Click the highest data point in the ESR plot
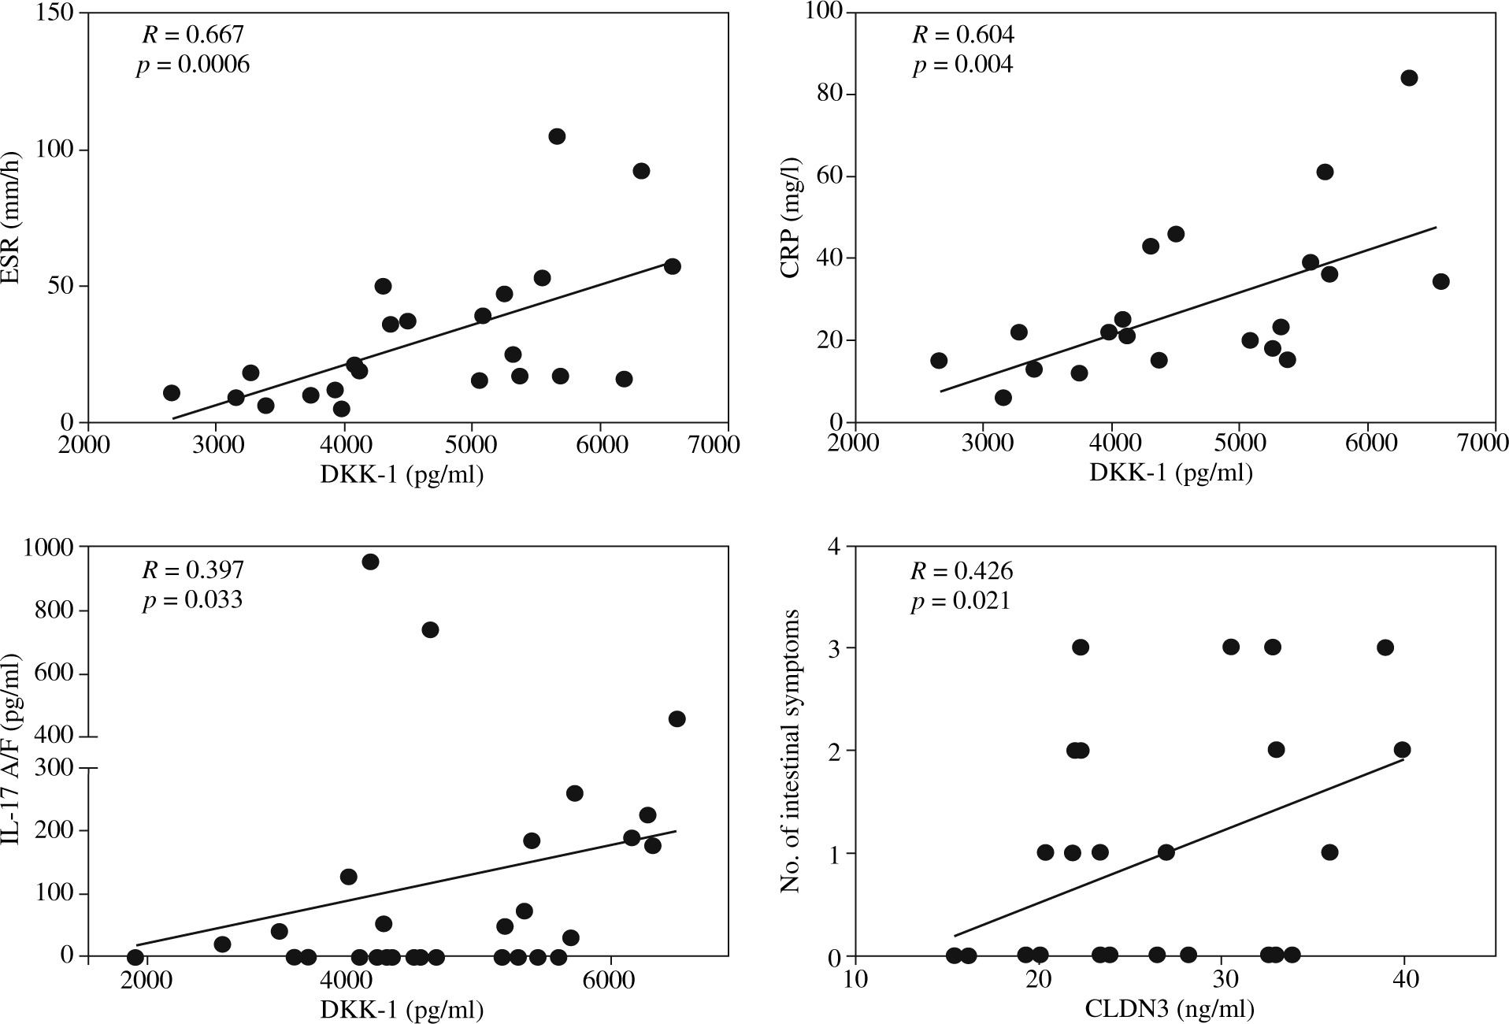(x=557, y=136)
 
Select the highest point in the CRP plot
(x=1409, y=78)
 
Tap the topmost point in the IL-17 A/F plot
(x=370, y=562)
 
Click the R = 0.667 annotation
(x=193, y=35)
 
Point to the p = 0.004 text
(x=962, y=65)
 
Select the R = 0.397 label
(x=193, y=570)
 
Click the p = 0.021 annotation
(x=960, y=601)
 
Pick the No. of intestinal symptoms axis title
(x=790, y=751)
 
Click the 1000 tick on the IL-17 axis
(x=49, y=546)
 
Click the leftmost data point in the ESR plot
(x=172, y=393)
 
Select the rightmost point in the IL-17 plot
(x=677, y=718)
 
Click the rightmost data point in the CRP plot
(x=1440, y=282)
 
